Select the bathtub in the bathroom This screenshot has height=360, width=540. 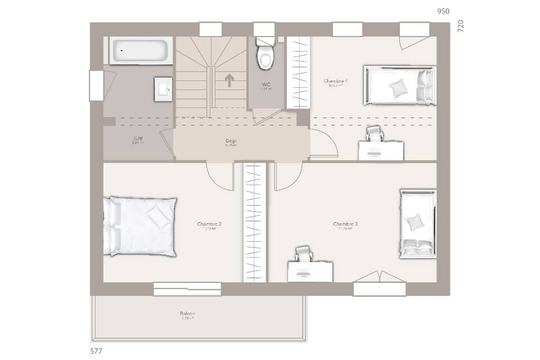coord(139,51)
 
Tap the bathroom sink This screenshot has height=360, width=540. coord(163,89)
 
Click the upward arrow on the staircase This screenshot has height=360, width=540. coord(229,80)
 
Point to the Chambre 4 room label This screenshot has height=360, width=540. coord(335,81)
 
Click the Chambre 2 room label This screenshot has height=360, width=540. coord(209,224)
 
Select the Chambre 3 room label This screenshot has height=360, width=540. coord(345,224)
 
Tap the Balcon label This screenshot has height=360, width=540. coord(187,313)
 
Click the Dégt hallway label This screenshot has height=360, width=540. coord(231,141)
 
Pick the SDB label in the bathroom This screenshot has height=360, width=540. coord(137,138)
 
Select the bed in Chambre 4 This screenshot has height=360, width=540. coord(400,85)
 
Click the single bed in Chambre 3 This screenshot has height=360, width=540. coord(417,224)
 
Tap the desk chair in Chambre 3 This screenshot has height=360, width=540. coord(303,254)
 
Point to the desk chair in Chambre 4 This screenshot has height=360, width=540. coord(373,134)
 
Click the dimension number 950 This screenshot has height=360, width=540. coord(444,11)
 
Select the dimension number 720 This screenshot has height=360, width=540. coord(461,26)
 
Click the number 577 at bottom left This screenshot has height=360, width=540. coord(96,350)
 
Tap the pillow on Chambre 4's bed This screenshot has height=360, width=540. coord(399,87)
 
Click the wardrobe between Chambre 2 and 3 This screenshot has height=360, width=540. coord(254,222)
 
